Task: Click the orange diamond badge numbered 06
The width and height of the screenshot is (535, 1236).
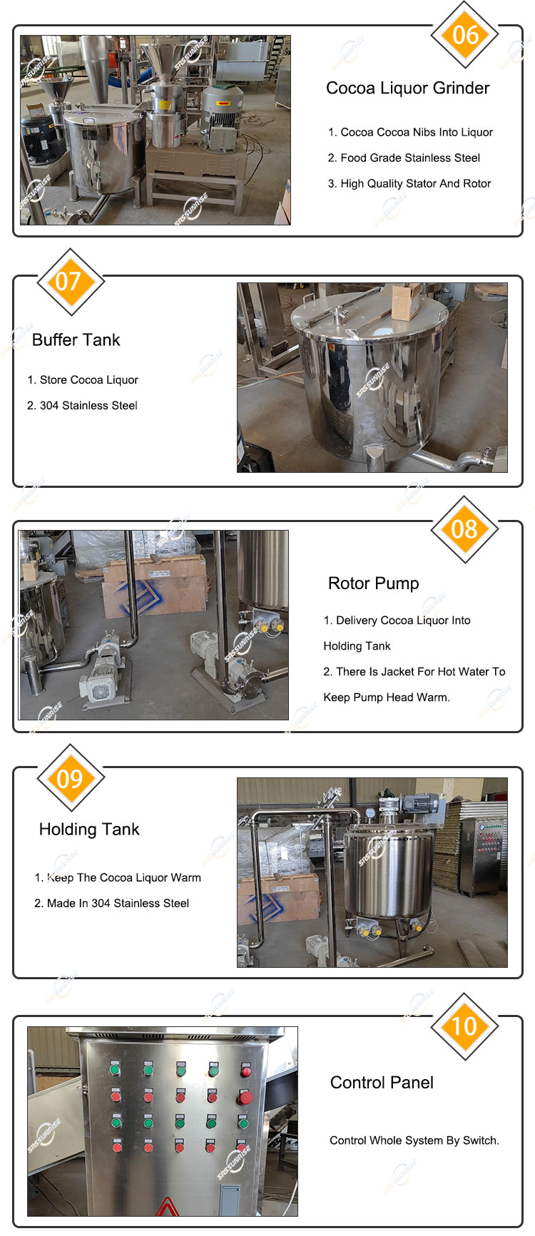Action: [x=465, y=35]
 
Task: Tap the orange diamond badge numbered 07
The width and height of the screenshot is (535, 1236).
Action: [x=70, y=282]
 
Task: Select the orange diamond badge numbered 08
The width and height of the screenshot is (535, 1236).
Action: [x=465, y=529]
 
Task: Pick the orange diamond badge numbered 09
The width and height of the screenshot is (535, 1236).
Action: [x=70, y=777]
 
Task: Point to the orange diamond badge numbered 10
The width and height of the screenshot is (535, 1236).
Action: [x=465, y=1026]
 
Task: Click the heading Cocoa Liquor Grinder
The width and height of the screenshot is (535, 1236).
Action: [x=407, y=88]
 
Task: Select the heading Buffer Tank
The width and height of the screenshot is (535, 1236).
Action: [x=76, y=339]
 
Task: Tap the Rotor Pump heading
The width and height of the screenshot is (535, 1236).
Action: [x=374, y=583]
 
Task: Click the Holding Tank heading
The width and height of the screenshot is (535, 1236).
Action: [x=89, y=829]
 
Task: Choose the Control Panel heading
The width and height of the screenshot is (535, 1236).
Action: [x=382, y=1083]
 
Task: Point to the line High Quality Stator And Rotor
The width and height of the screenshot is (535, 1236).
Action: [x=409, y=183]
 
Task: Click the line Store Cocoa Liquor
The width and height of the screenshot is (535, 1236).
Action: [x=83, y=380]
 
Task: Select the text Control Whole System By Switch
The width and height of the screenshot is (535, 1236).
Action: [x=414, y=1140]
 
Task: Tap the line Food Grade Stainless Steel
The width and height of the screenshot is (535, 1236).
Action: [x=404, y=158]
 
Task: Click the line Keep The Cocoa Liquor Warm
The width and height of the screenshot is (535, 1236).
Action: [x=118, y=878]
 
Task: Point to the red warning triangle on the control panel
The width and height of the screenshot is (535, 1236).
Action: [x=166, y=1206]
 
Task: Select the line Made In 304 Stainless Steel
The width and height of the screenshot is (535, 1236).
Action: [x=112, y=904]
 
